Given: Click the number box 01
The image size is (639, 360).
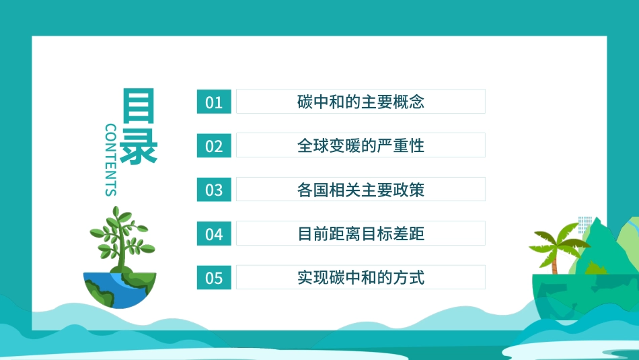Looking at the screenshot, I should (214, 102).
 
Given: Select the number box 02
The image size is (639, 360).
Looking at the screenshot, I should (214, 145).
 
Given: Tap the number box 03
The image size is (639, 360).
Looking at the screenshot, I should (214, 190).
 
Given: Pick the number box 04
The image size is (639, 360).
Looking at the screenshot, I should (214, 233).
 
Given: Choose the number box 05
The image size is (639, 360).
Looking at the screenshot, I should (214, 277).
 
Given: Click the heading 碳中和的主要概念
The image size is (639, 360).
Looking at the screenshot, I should (361, 102).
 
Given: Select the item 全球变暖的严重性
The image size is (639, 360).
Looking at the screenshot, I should (361, 145).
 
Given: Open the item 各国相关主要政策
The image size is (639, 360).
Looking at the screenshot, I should (361, 190).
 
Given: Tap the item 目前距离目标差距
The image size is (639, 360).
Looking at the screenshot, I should (361, 233).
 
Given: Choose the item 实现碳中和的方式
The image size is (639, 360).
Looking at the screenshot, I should (361, 277).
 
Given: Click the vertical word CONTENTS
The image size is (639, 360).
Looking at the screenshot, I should (111, 159).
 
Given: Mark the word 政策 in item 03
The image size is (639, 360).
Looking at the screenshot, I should (412, 190).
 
